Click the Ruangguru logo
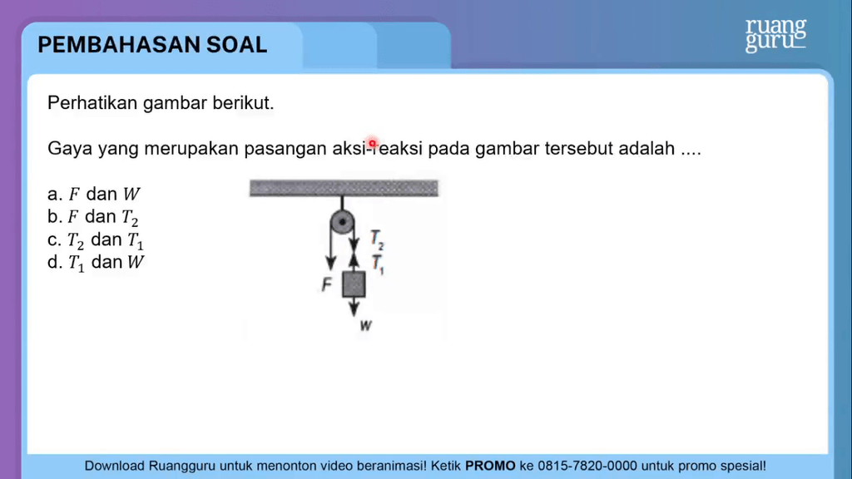(775, 35)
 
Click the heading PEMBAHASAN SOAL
(152, 45)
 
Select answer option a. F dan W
(94, 195)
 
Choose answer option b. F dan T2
(94, 218)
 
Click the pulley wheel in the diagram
(342, 223)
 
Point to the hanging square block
(354, 284)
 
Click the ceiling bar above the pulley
(344, 189)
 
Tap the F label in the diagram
(327, 285)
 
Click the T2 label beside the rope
(377, 241)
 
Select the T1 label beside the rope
(377, 264)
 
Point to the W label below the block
(365, 326)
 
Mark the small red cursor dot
(373, 143)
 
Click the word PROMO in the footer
(490, 466)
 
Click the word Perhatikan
(93, 104)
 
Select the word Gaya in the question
(69, 150)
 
